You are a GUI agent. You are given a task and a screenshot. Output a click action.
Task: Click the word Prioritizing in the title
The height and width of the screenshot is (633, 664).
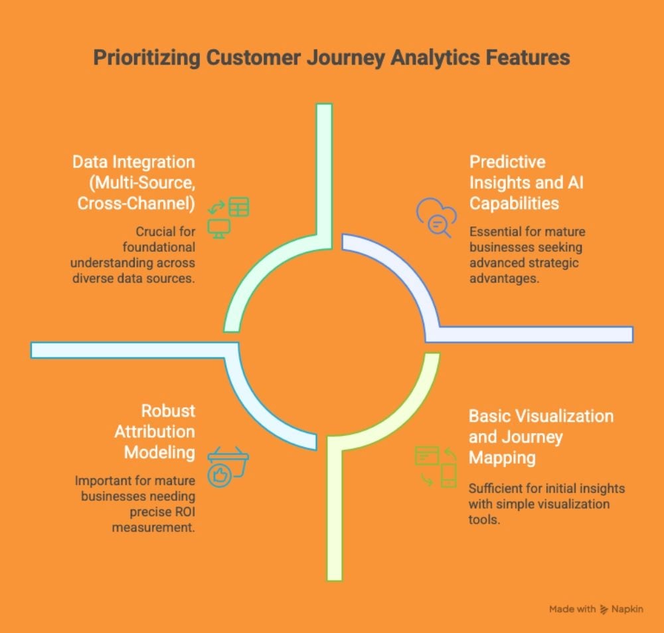(138, 58)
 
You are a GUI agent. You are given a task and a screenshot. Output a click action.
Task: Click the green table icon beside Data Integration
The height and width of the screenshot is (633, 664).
(238, 207)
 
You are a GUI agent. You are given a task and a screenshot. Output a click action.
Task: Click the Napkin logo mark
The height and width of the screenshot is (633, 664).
(604, 609)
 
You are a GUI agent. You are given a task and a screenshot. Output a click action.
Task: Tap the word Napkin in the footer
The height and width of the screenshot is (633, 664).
(628, 609)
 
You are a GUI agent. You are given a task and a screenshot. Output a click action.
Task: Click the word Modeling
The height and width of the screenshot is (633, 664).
(163, 453)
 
